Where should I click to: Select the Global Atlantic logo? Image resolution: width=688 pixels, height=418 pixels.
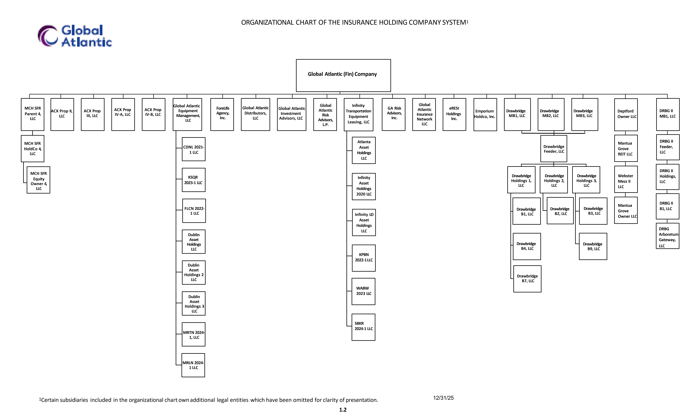click(75, 36)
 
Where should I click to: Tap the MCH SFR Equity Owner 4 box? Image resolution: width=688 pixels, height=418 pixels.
click(38, 180)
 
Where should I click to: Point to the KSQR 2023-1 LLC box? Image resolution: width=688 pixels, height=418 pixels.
click(194, 180)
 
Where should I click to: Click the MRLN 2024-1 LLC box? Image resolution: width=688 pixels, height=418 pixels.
click(193, 365)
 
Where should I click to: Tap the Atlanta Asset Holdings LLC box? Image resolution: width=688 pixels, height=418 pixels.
click(364, 150)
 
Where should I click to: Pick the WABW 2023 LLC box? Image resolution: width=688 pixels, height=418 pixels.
click(364, 291)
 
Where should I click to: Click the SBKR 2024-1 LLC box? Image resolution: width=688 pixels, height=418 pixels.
click(364, 327)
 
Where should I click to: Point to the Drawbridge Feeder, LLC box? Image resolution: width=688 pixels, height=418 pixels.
click(554, 149)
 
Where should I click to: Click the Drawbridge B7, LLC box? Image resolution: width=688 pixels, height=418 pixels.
click(527, 279)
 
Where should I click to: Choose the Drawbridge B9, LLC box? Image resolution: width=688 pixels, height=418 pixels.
click(593, 246)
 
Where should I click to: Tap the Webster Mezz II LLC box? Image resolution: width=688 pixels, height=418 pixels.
click(626, 179)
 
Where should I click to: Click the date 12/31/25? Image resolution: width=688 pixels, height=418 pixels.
click(443, 398)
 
